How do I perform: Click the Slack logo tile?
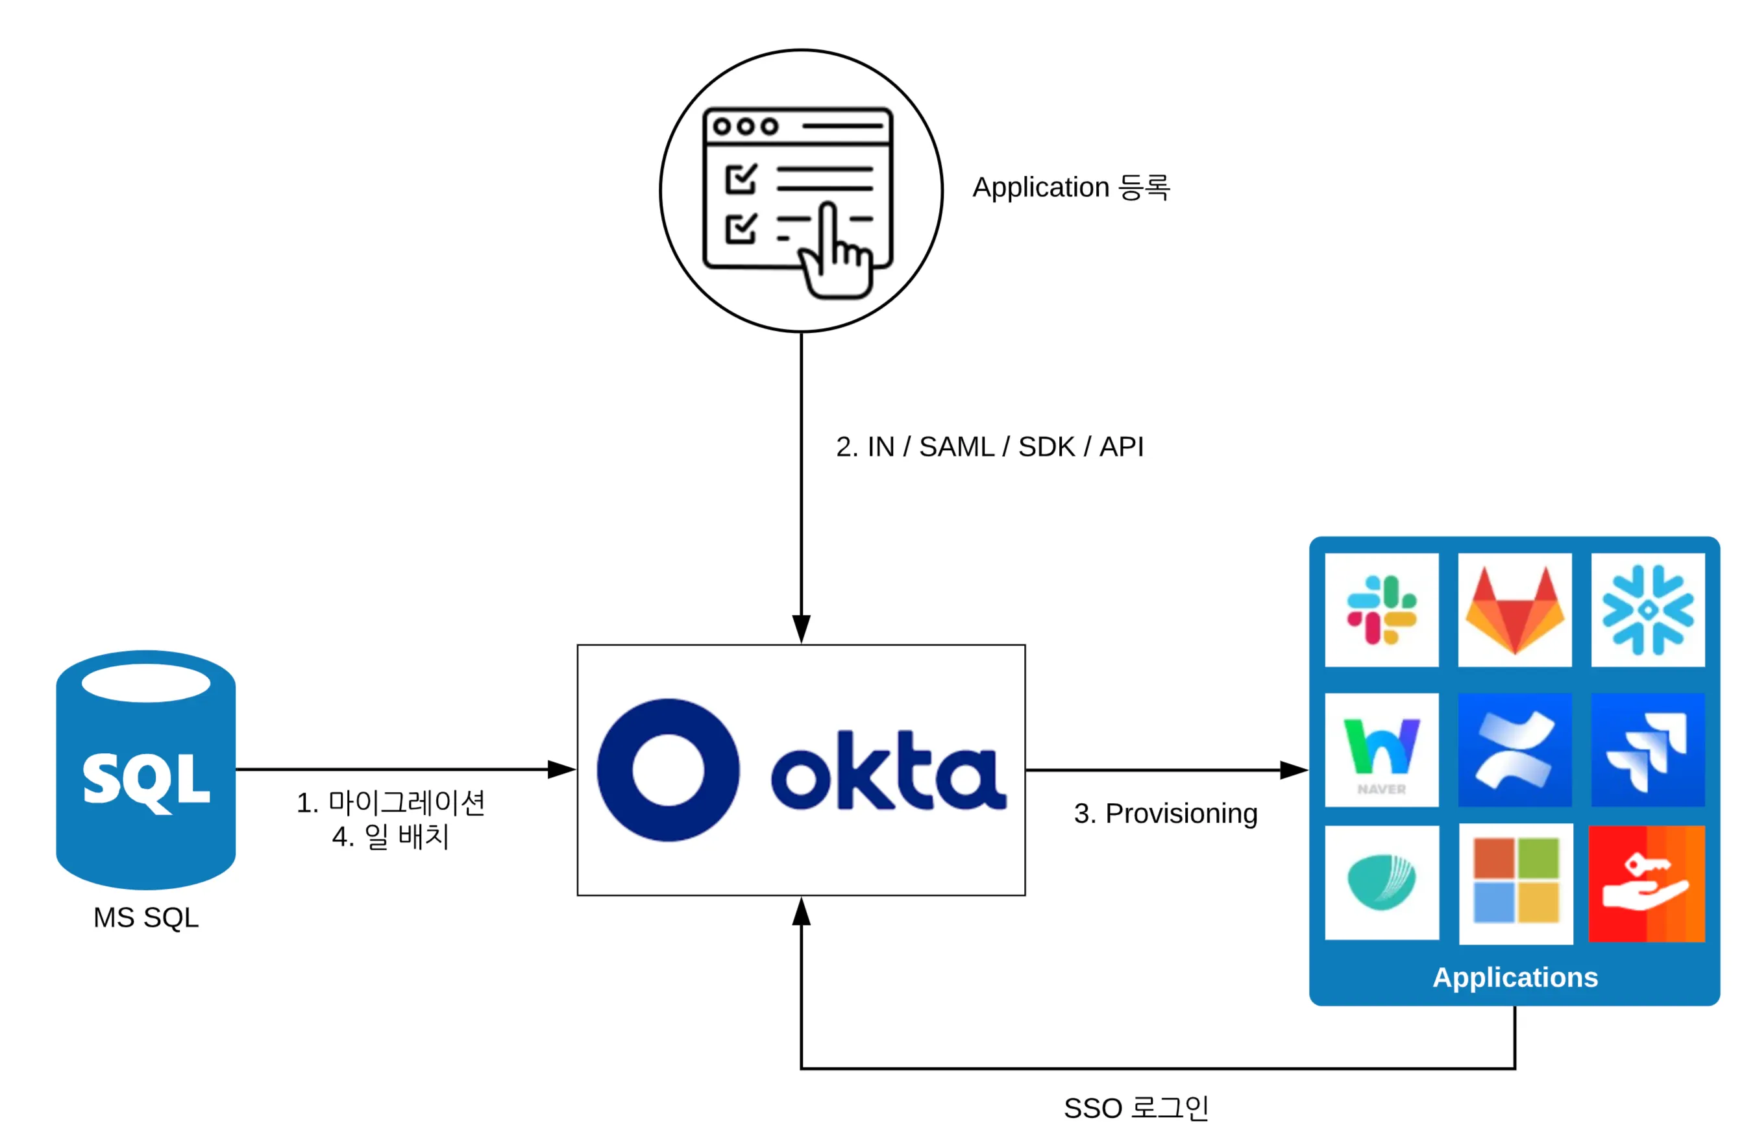pyautogui.click(x=1381, y=610)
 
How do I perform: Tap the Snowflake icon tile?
pyautogui.click(x=1647, y=610)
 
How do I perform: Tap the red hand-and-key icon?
pyautogui.click(x=1646, y=883)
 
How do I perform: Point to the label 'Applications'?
pyautogui.click(x=1515, y=977)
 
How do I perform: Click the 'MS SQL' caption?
pyautogui.click(x=146, y=917)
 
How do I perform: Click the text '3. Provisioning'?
pyautogui.click(x=1165, y=813)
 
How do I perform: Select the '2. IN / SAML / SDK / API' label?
pyautogui.click(x=990, y=447)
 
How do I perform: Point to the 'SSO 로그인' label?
pyautogui.click(x=1136, y=1107)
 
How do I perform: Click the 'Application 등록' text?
pyautogui.click(x=1071, y=187)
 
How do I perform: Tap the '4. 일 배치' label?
pyautogui.click(x=390, y=836)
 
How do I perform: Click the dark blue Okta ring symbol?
pyautogui.click(x=668, y=769)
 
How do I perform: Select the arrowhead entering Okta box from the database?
pyautogui.click(x=562, y=769)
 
